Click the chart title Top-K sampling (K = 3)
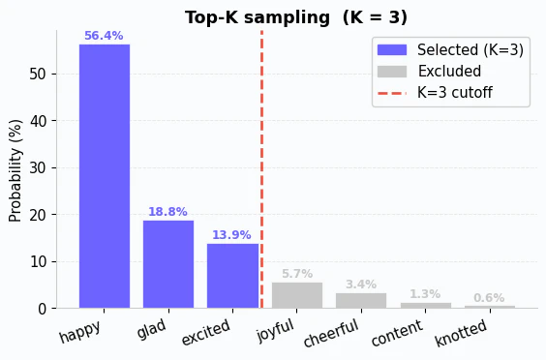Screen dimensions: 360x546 [296, 17]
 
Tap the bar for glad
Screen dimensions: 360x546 [167, 264]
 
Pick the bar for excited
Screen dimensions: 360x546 [232, 276]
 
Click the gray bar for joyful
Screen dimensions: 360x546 [296, 295]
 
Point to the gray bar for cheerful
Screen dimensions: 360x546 [361, 300]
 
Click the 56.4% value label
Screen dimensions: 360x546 [104, 36]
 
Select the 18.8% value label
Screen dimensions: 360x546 [167, 212]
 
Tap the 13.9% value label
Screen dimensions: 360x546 [232, 235]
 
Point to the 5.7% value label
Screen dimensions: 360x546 [296, 274]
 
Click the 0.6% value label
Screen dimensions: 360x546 [489, 298]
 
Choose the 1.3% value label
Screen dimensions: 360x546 [425, 294]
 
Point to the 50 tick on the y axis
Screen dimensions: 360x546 [39, 75]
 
